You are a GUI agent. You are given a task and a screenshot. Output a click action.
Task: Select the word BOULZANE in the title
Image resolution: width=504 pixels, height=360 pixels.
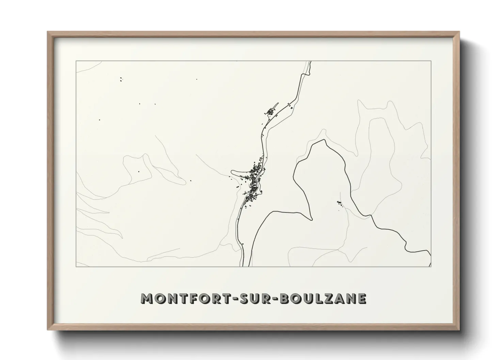tap(324, 298)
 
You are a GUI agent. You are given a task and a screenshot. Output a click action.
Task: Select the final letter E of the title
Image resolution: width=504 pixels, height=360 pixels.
tap(362, 298)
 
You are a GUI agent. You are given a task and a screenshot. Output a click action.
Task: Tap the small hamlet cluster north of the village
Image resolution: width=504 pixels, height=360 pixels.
tap(271, 111)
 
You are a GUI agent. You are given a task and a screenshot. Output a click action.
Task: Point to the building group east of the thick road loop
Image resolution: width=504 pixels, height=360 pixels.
tap(339, 203)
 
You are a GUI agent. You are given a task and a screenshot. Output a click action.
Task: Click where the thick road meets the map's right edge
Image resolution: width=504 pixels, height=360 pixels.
tap(430, 256)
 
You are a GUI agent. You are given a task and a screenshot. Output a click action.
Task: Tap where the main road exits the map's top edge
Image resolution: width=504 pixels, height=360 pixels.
tap(310, 62)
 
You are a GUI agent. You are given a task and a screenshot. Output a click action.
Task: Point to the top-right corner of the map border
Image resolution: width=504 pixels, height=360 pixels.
tap(431, 61)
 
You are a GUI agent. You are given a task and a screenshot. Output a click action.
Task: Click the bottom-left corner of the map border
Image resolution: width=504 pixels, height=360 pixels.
tap(76, 266)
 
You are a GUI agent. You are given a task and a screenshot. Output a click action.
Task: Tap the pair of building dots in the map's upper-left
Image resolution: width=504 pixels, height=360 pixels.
tap(121, 80)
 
